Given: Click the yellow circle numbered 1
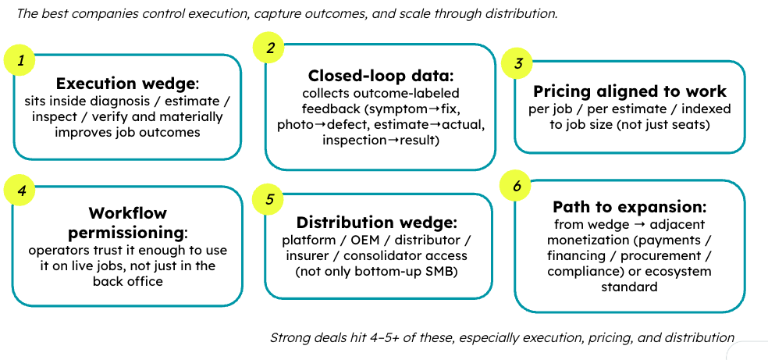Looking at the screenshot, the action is [x=20, y=60].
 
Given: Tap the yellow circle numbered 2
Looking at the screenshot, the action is [x=269, y=48].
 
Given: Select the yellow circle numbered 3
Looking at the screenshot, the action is [x=517, y=63].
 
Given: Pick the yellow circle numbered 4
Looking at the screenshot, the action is [x=20, y=190].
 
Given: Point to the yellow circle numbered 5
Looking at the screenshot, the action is [x=268, y=200].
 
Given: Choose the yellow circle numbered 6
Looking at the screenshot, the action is [x=516, y=186].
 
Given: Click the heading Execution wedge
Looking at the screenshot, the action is [x=126, y=84].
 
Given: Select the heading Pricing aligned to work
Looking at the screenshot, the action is [x=629, y=91].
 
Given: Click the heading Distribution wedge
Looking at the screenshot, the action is [x=376, y=223].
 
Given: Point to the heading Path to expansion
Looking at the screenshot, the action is [x=629, y=207].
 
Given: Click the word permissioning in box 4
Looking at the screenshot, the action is [x=126, y=233].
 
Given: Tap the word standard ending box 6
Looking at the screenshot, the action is [x=629, y=286].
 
